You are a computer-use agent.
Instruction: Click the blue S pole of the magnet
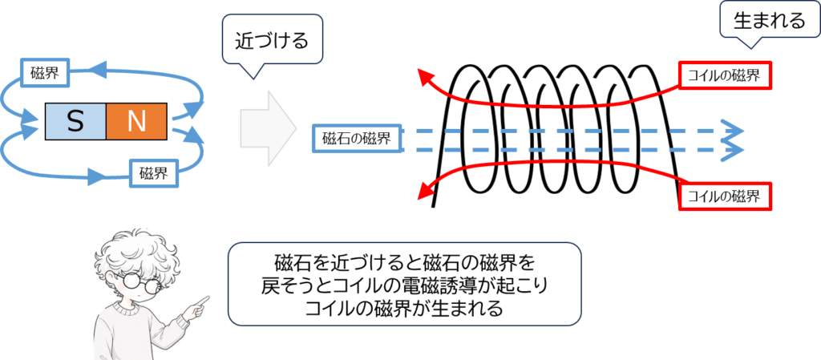pos(75,121)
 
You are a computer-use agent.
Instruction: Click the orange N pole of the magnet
pos(135,121)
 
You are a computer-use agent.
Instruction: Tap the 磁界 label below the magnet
pos(153,172)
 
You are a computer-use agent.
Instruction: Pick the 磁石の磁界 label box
pos(356,139)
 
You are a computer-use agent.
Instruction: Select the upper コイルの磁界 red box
pos(725,76)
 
